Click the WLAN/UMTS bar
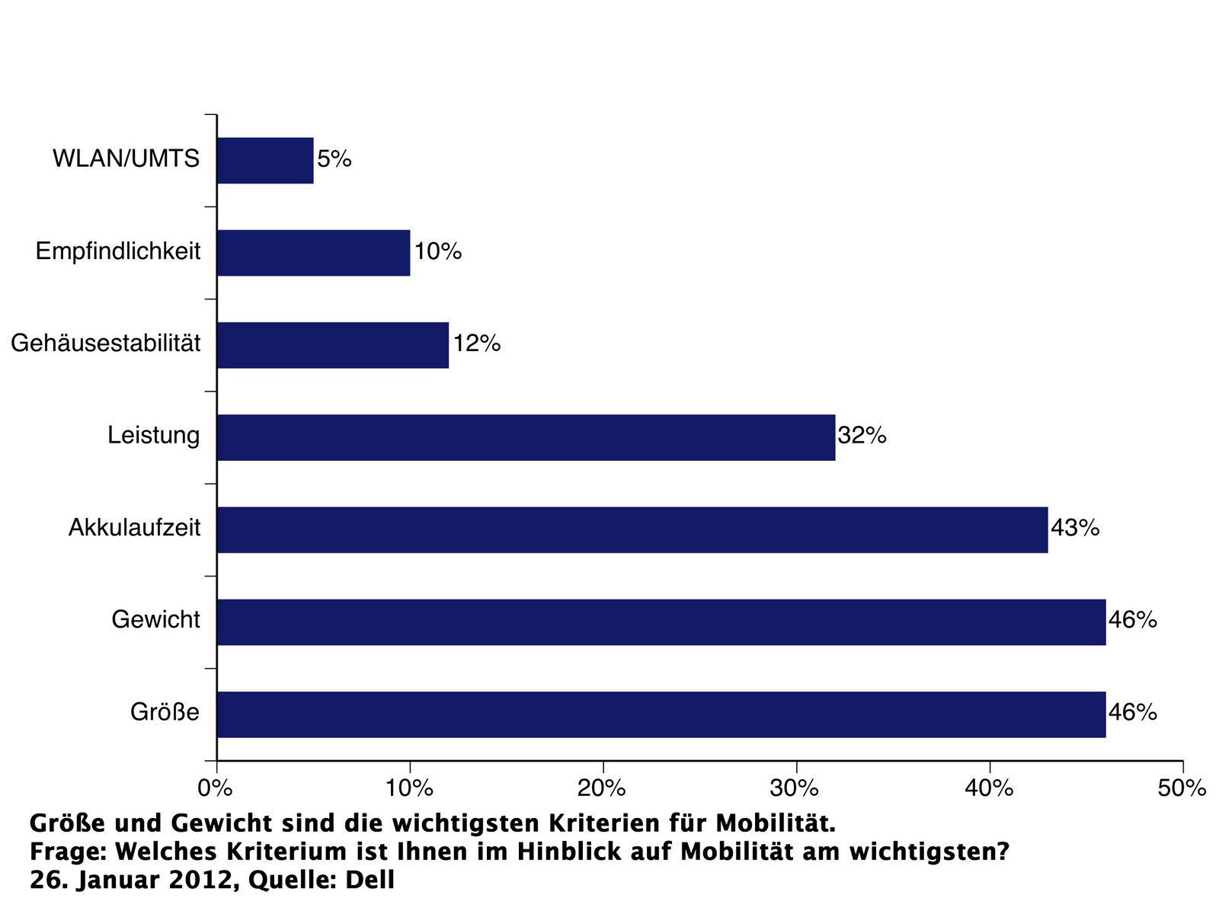(x=265, y=161)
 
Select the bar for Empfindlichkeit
(x=313, y=253)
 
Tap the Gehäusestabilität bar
(x=333, y=345)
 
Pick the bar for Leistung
(x=526, y=437)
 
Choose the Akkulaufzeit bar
(x=632, y=529)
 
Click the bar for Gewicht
(x=661, y=622)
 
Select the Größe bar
(x=661, y=714)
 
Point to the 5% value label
(x=334, y=160)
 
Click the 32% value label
(x=862, y=436)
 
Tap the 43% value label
(x=1075, y=528)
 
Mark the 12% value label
(x=477, y=344)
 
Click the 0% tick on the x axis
(x=216, y=788)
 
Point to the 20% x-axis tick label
(x=602, y=788)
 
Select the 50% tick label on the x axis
(x=1182, y=788)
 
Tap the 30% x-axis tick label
(x=795, y=788)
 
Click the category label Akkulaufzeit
(x=134, y=528)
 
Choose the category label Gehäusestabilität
(x=106, y=344)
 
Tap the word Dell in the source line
(x=370, y=880)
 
